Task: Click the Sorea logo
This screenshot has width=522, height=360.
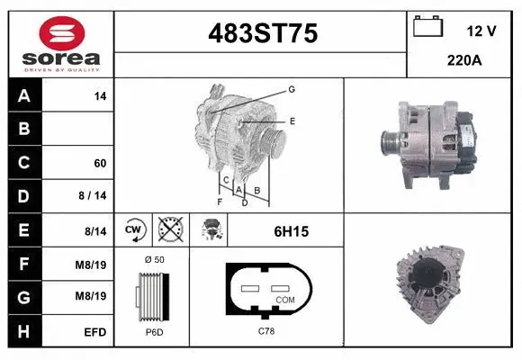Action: coord(60,46)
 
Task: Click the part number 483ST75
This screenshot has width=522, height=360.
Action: coord(262,33)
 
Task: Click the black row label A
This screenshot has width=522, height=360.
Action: coord(24,95)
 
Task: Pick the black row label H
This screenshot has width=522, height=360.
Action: coord(24,331)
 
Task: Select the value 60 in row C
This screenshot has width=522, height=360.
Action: coord(100,163)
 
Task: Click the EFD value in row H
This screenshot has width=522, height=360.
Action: coord(96,332)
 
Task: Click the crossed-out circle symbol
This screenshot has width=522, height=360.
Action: coord(168,230)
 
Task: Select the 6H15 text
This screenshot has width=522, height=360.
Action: coord(291,231)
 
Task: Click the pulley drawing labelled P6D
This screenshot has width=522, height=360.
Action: coord(150,297)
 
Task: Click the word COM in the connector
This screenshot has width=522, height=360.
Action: coord(285,299)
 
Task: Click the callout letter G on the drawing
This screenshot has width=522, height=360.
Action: coord(292,89)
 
